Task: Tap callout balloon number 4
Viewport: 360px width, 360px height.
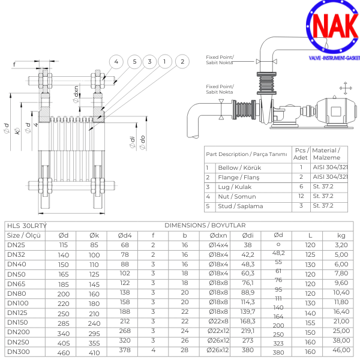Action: (x=116, y=61)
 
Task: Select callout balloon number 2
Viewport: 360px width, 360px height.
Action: (x=181, y=61)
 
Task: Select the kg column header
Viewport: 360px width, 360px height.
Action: (x=341, y=235)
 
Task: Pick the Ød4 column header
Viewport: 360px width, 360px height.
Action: (x=124, y=235)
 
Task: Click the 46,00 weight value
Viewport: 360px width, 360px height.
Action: (x=341, y=350)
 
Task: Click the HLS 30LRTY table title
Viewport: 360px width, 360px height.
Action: (x=26, y=225)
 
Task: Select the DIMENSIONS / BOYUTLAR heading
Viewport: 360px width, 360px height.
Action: (x=205, y=225)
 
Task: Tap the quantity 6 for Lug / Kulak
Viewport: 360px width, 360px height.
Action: (x=301, y=187)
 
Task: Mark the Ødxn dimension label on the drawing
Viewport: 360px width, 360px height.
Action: (x=76, y=92)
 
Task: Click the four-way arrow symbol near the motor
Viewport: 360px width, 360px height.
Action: (x=346, y=88)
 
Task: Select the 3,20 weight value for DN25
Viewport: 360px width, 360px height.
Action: (x=341, y=245)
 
